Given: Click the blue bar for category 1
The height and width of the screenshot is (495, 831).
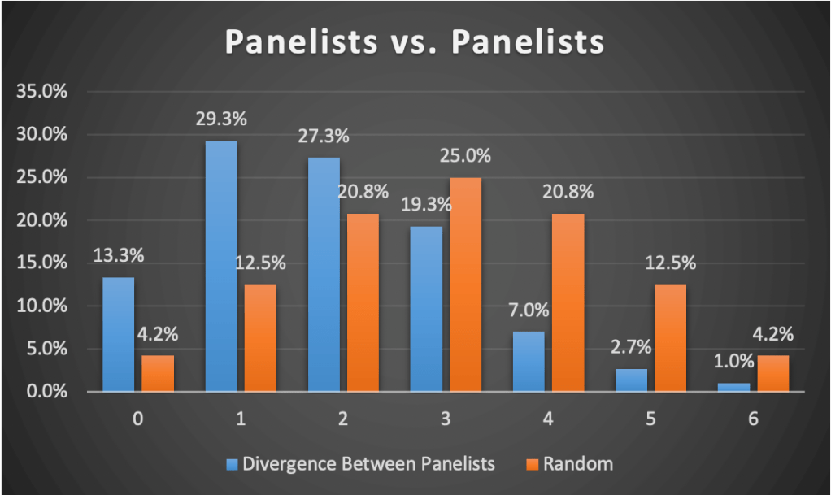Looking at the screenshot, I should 221,267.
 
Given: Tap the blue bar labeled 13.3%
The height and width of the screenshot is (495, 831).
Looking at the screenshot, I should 119,335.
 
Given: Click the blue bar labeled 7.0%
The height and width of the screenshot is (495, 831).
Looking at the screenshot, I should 529,362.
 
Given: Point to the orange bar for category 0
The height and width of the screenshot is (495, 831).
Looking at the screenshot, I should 158,374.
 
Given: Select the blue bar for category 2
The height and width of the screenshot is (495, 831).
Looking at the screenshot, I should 324,275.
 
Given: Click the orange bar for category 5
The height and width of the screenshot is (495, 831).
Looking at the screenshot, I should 669,338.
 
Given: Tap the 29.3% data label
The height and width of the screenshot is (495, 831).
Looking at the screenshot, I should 221,119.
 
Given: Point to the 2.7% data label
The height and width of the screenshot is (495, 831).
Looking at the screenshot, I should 631,347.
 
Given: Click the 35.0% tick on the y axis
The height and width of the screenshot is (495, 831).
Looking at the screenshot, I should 42,91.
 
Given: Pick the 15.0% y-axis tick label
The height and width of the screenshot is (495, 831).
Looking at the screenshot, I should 42,263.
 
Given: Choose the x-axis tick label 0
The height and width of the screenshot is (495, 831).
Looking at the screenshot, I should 138,420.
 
